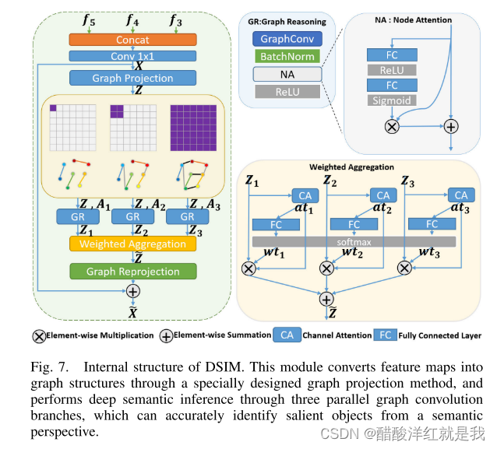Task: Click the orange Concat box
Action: (132, 39)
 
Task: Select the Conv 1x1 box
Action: (132, 56)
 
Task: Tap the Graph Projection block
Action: (132, 78)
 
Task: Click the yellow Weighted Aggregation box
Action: (132, 244)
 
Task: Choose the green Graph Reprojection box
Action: (132, 272)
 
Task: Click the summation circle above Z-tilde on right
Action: (326, 299)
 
